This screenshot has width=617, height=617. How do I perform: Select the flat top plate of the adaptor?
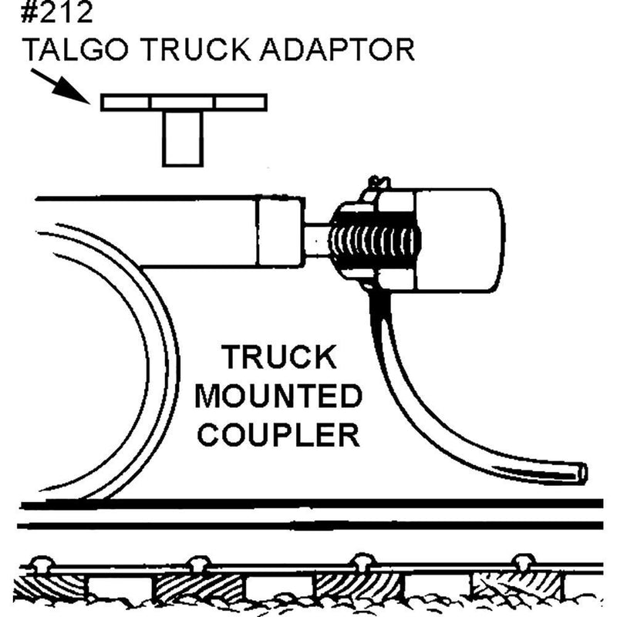(184, 102)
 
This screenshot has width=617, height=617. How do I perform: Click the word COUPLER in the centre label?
(278, 435)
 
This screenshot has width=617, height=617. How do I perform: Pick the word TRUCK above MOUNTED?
(278, 358)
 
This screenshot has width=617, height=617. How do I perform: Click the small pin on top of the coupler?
(376, 184)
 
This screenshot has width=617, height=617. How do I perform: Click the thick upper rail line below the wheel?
(308, 504)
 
